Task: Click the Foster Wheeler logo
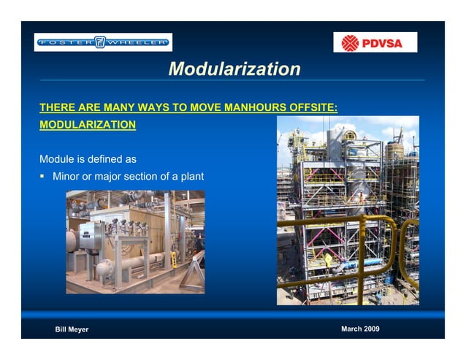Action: pos(102,42)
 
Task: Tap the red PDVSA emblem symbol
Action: pos(351,43)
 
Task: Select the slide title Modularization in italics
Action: pos(234,69)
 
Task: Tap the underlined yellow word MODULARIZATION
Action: pos(87,125)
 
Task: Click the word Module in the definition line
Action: pos(57,158)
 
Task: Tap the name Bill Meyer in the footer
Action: pos(72,330)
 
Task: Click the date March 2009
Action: pos(360,329)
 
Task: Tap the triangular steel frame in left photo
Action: pos(191,275)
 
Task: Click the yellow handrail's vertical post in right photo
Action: pos(359,263)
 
